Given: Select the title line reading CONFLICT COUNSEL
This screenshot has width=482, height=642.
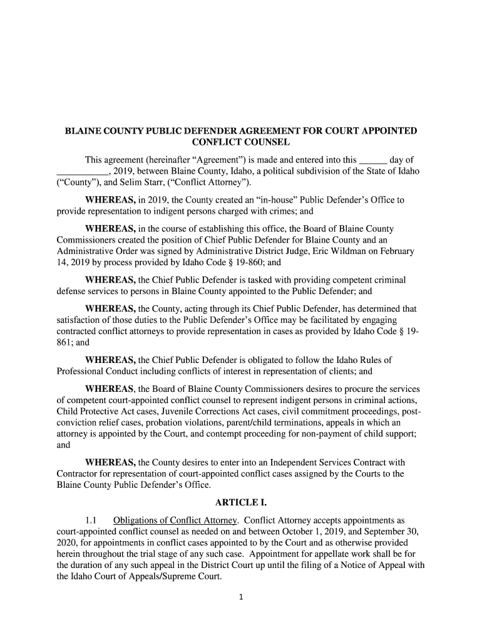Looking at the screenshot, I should [x=240, y=144].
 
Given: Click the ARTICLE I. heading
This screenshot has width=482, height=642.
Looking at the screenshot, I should [x=240, y=503].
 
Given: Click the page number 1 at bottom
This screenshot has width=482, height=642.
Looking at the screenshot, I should [x=241, y=597].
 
